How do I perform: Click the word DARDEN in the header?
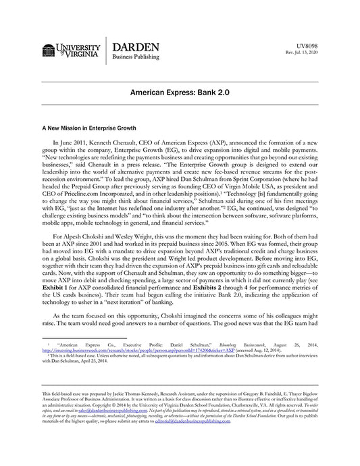pos(135,47)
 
